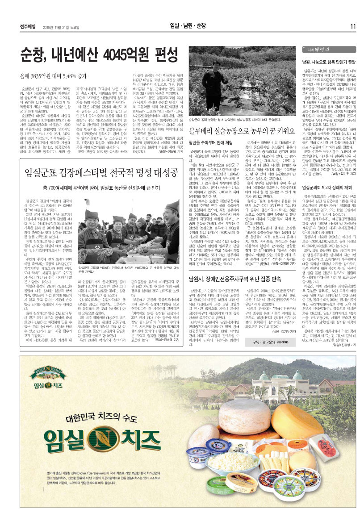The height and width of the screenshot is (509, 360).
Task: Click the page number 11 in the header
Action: click(352, 25)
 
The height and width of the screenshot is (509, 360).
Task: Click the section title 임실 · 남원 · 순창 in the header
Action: click(182, 25)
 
